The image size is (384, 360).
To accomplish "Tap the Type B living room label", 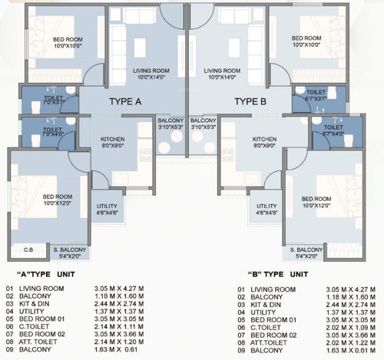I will point(225,73).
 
